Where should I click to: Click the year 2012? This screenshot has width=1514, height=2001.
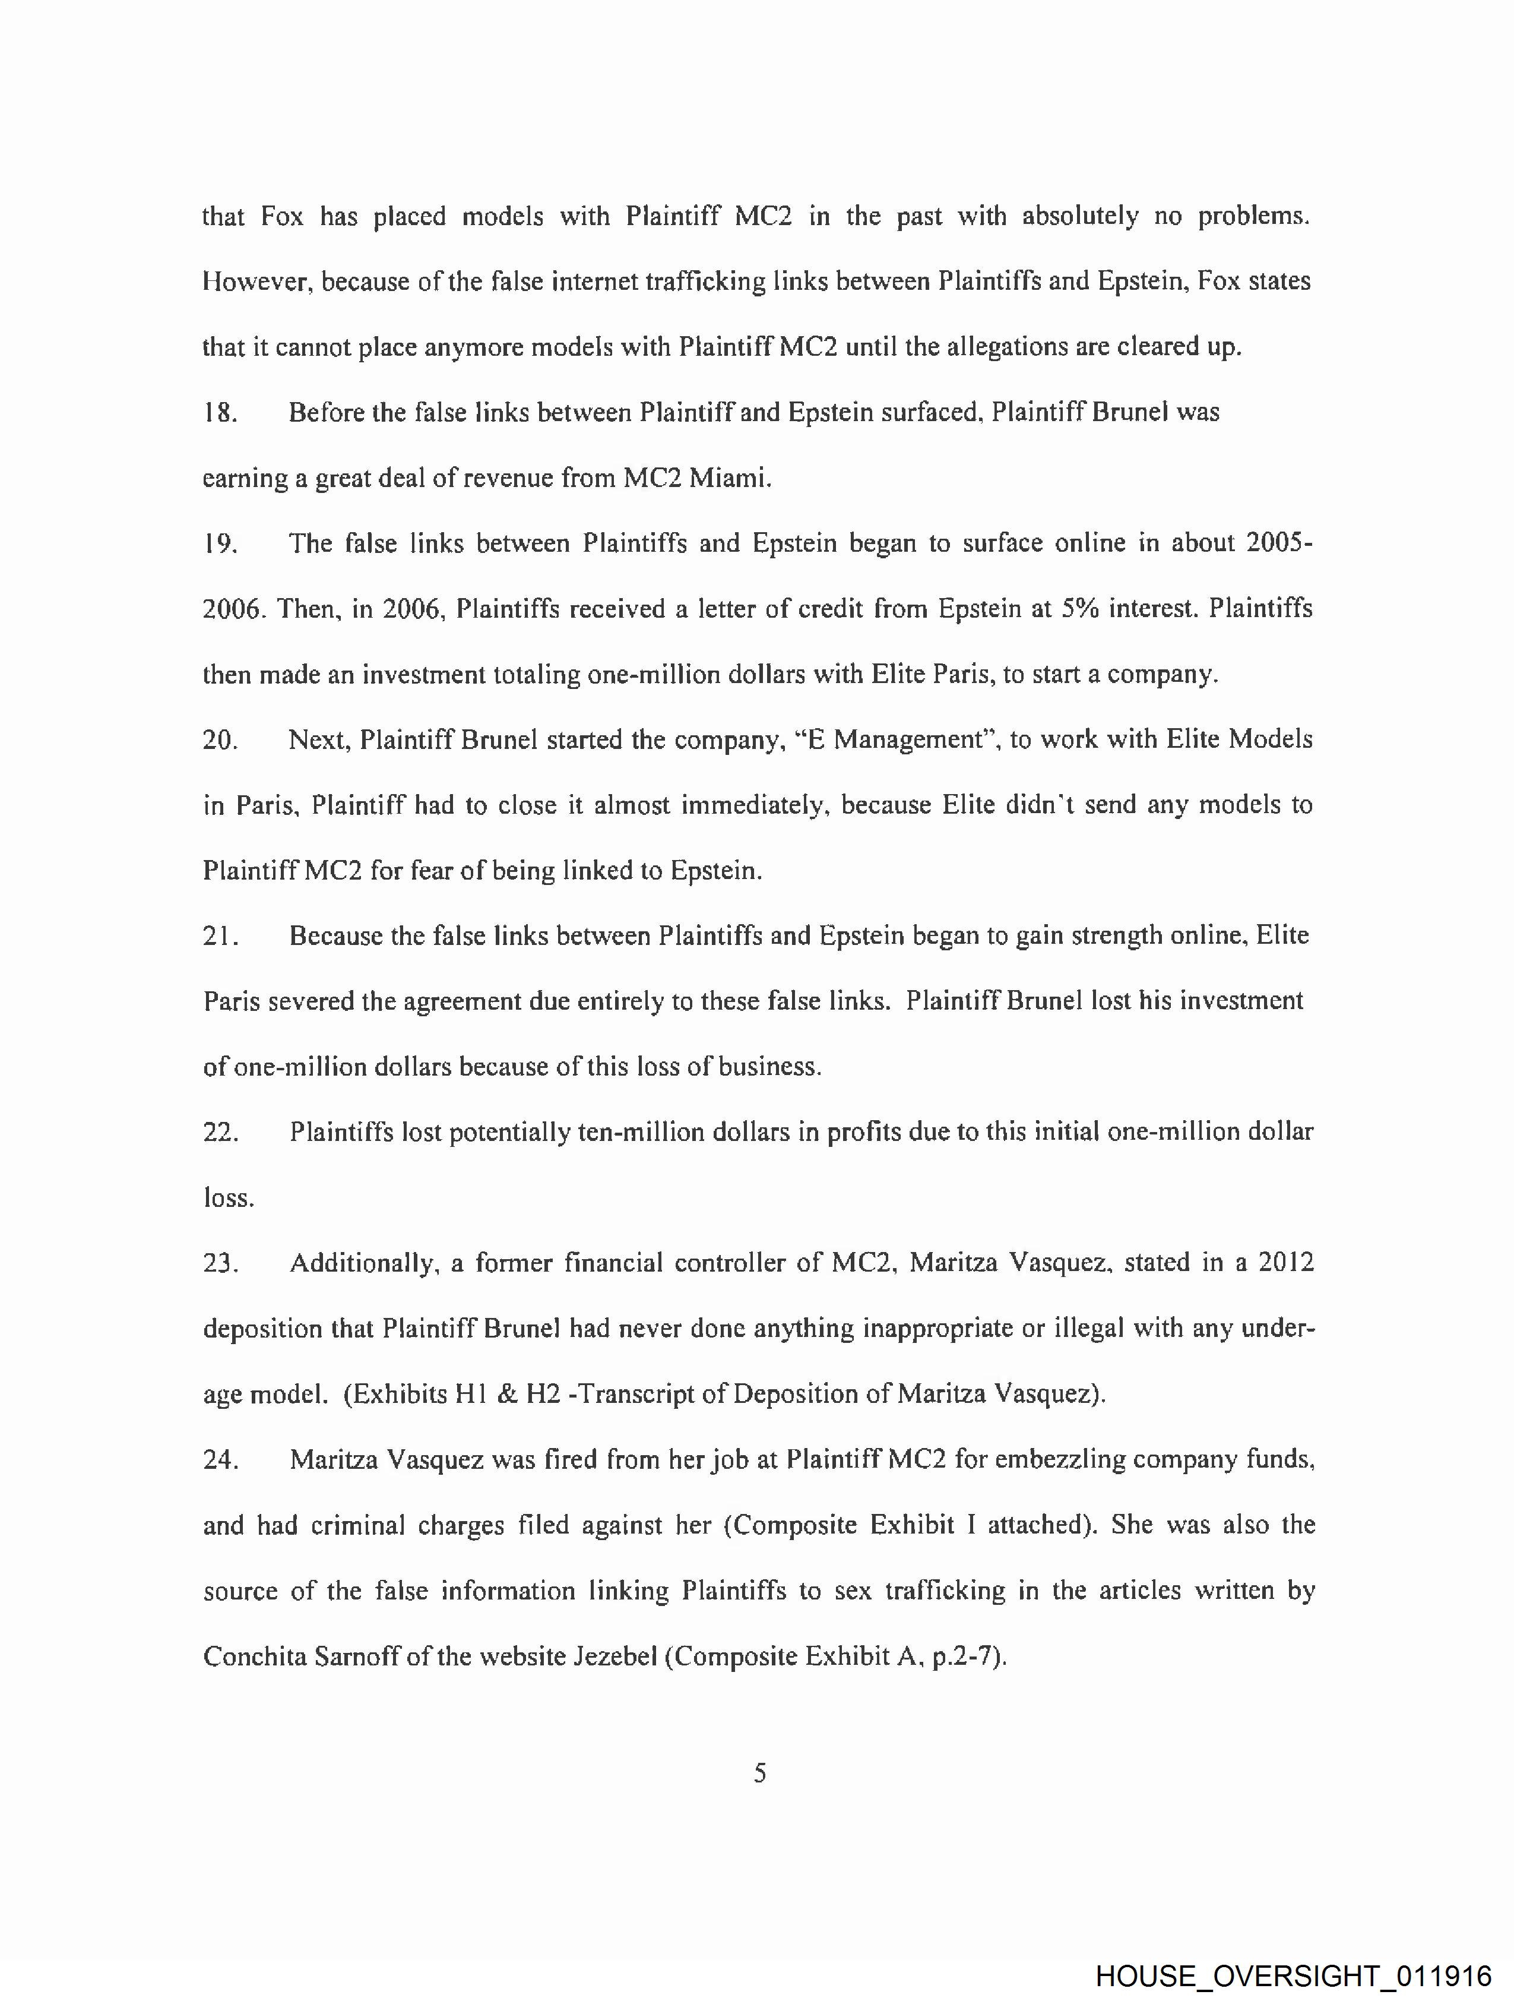[1285, 1263]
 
